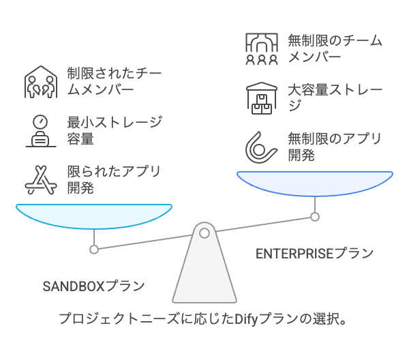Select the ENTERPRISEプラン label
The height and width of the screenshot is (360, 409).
point(314,254)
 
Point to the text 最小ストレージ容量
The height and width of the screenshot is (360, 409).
point(114,131)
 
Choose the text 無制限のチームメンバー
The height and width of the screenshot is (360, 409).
point(334,48)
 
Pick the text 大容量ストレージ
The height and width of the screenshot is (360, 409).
point(334,97)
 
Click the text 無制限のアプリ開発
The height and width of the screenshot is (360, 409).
point(334,147)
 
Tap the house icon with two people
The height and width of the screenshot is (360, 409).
point(40,81)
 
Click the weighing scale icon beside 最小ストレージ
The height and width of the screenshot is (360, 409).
point(40,131)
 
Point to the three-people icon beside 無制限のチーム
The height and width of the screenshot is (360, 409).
point(261,48)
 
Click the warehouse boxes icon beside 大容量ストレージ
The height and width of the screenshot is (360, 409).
point(261,97)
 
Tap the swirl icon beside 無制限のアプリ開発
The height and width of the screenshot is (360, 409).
point(261,145)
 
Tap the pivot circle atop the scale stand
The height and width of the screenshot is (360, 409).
point(204,234)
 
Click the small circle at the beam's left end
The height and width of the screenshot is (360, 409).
point(94,250)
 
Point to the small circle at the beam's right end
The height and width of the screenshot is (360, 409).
point(315,217)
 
